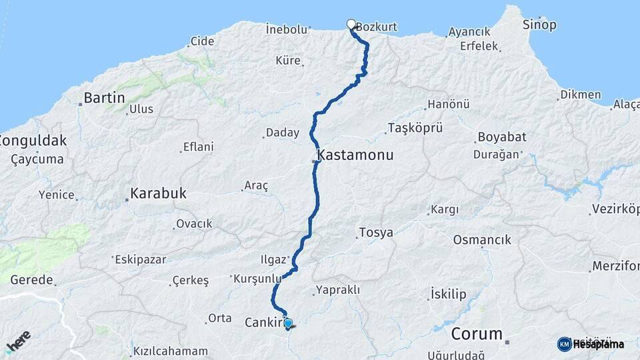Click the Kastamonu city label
click(355, 155)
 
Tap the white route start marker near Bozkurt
click(351, 25)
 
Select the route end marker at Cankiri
click(288, 324)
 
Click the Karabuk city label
click(159, 194)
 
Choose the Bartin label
click(103, 98)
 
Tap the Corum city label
click(476, 333)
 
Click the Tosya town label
click(376, 233)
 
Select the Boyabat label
click(501, 137)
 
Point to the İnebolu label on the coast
click(286, 29)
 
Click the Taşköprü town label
click(411, 128)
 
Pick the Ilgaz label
click(273, 259)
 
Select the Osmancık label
click(482, 239)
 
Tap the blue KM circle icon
click(564, 343)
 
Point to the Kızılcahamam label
click(171, 351)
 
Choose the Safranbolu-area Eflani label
click(199, 147)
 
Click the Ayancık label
click(469, 31)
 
